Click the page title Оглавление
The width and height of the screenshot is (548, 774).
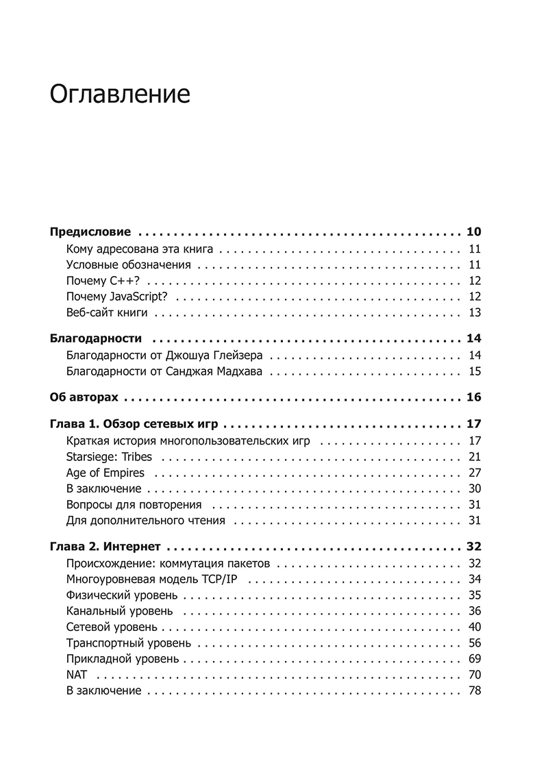120,94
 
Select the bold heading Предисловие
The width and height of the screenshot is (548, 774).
90,232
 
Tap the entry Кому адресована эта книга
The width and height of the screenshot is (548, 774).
140,249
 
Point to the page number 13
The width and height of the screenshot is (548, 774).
475,313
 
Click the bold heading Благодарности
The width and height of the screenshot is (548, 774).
96,338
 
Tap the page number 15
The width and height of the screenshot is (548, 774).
475,371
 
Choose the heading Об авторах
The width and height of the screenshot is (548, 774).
84,397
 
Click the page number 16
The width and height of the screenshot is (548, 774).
473,397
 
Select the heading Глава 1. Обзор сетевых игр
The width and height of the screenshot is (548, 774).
139,424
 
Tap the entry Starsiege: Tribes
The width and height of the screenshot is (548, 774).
110,457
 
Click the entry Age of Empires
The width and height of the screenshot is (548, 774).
105,473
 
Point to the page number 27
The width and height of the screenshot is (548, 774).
475,473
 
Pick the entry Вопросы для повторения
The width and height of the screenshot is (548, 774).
134,505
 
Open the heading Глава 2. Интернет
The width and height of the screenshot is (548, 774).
105,547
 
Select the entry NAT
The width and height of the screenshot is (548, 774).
75,675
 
